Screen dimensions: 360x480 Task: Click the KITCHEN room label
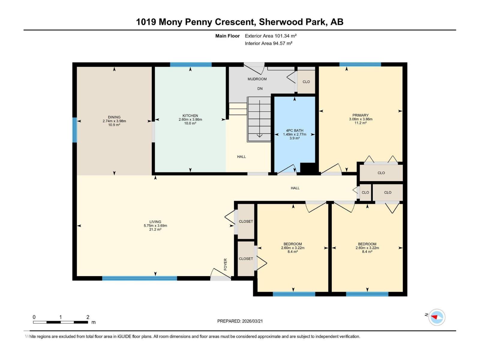pyautogui.click(x=190, y=115)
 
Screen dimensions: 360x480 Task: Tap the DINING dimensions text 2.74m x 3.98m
pyautogui.click(x=114, y=121)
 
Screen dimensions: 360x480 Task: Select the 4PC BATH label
pyautogui.click(x=295, y=130)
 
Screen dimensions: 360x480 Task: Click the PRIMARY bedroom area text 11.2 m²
pyautogui.click(x=360, y=123)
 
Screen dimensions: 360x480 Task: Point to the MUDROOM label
pyautogui.click(x=257, y=79)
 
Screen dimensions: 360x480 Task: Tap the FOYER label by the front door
pyautogui.click(x=225, y=264)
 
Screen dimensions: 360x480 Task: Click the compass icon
pyautogui.click(x=436, y=317)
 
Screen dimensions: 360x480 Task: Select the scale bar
pyautogui.click(x=60, y=322)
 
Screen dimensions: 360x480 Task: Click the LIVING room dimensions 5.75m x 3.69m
pyautogui.click(x=155, y=226)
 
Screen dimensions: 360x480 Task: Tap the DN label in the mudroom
pyautogui.click(x=260, y=88)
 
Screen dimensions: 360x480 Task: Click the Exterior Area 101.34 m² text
pyautogui.click(x=271, y=36)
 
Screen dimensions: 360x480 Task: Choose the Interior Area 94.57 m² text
pyautogui.click(x=268, y=43)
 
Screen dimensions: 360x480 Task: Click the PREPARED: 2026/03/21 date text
pyautogui.click(x=240, y=321)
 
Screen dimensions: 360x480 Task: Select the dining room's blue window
pyautogui.click(x=75, y=130)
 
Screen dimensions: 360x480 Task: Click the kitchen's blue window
pyautogui.click(x=191, y=64)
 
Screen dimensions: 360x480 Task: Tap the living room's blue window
pyautogui.click(x=139, y=278)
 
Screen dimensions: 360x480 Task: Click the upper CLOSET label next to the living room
pyautogui.click(x=246, y=221)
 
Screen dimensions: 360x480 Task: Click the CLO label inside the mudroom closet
pyautogui.click(x=306, y=82)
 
